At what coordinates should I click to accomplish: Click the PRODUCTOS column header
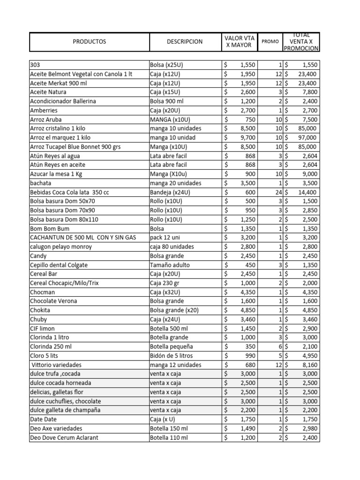coord(90,41)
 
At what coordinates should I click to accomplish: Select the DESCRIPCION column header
coord(185,41)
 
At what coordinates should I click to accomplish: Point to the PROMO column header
coord(270,41)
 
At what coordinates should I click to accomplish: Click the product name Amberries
coord(44,110)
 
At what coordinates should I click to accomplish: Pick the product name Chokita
coord(40,310)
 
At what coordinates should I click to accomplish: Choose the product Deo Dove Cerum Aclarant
coord(64,437)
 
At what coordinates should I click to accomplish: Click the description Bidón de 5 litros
coord(172,355)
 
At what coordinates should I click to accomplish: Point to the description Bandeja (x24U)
coord(170,192)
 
